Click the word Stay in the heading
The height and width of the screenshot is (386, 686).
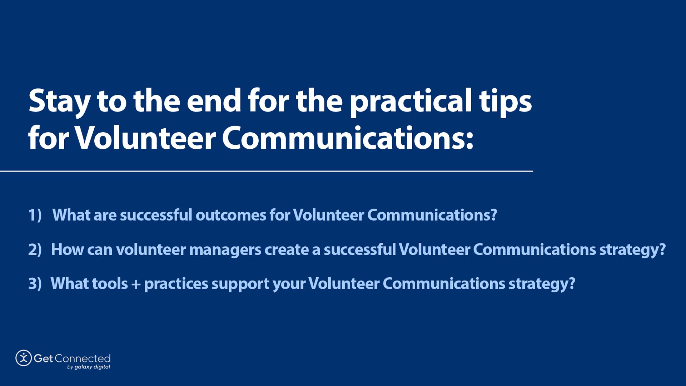click(59, 102)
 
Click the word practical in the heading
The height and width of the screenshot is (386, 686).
click(411, 102)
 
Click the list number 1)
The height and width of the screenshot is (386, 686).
click(35, 215)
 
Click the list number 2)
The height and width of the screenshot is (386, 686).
click(35, 249)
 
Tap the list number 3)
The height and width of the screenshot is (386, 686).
click(35, 284)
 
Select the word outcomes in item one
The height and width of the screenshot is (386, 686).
click(230, 215)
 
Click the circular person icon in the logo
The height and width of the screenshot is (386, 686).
click(24, 358)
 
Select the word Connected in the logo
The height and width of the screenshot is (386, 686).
click(83, 358)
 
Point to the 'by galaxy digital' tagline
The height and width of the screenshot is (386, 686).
click(89, 367)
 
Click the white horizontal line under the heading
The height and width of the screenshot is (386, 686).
click(266, 171)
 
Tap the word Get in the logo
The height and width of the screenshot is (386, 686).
click(43, 358)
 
